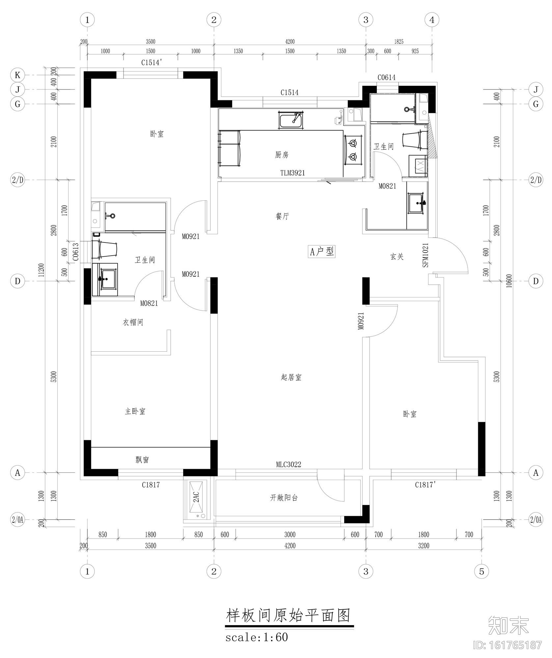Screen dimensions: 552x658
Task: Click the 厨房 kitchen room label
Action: pos(282,155)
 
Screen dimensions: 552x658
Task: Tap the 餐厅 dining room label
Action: pos(282,216)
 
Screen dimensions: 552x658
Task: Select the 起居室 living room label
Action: pos(291,377)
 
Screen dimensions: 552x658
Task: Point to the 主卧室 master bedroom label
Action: pos(135,411)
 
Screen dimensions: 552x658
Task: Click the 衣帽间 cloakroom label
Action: pos(133,322)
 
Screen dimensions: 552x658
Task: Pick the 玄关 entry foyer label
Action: pos(397,257)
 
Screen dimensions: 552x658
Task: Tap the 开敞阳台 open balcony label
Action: pos(284,498)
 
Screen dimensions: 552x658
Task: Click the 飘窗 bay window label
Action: pos(142,460)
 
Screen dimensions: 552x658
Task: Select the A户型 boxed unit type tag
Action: pos(322,252)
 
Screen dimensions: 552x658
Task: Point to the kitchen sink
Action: pos(291,120)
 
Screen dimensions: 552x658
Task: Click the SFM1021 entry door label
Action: pos(425,255)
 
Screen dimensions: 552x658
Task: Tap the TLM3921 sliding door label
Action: pos(292,173)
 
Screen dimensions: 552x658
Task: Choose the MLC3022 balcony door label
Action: pos(289,464)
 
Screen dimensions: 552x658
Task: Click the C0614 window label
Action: pos(387,77)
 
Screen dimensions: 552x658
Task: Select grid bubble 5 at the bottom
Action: pos(482,571)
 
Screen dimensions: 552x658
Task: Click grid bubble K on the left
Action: pos(17,75)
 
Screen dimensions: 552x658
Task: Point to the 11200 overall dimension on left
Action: pos(41,270)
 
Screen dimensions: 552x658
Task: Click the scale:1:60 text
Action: pos(257,637)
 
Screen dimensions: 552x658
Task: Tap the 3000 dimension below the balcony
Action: pos(290,535)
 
